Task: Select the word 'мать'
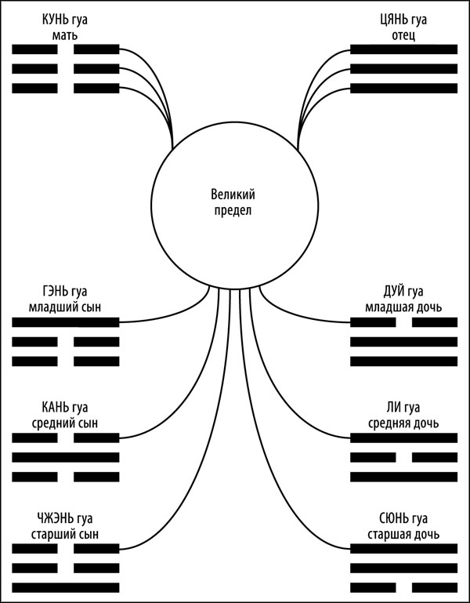point(66,35)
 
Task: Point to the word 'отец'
point(404,35)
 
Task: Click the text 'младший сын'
point(66,307)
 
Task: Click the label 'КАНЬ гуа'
point(66,408)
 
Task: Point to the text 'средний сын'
point(66,423)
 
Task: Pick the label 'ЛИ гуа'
point(404,408)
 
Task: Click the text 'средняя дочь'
point(404,423)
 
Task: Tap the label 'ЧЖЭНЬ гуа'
point(66,520)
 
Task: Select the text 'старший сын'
point(66,535)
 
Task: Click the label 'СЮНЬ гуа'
point(404,520)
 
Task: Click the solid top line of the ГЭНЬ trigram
point(66,321)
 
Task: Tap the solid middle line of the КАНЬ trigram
point(66,457)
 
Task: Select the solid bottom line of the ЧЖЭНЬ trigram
point(66,587)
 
